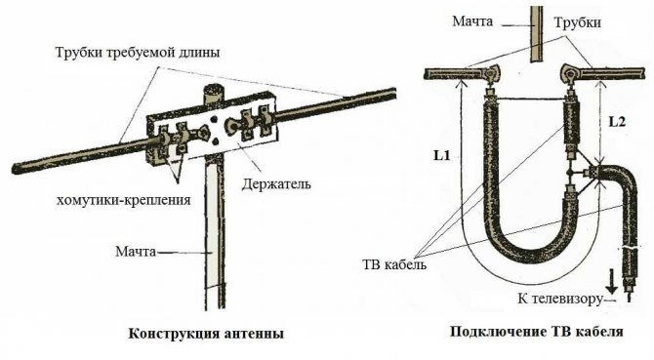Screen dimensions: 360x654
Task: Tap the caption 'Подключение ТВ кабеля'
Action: coord(536,332)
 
